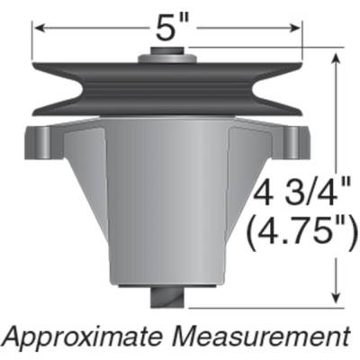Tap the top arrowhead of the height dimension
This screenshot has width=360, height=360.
(336, 57)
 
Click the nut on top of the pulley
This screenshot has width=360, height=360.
(167, 55)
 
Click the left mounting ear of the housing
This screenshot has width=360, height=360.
(38, 140)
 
